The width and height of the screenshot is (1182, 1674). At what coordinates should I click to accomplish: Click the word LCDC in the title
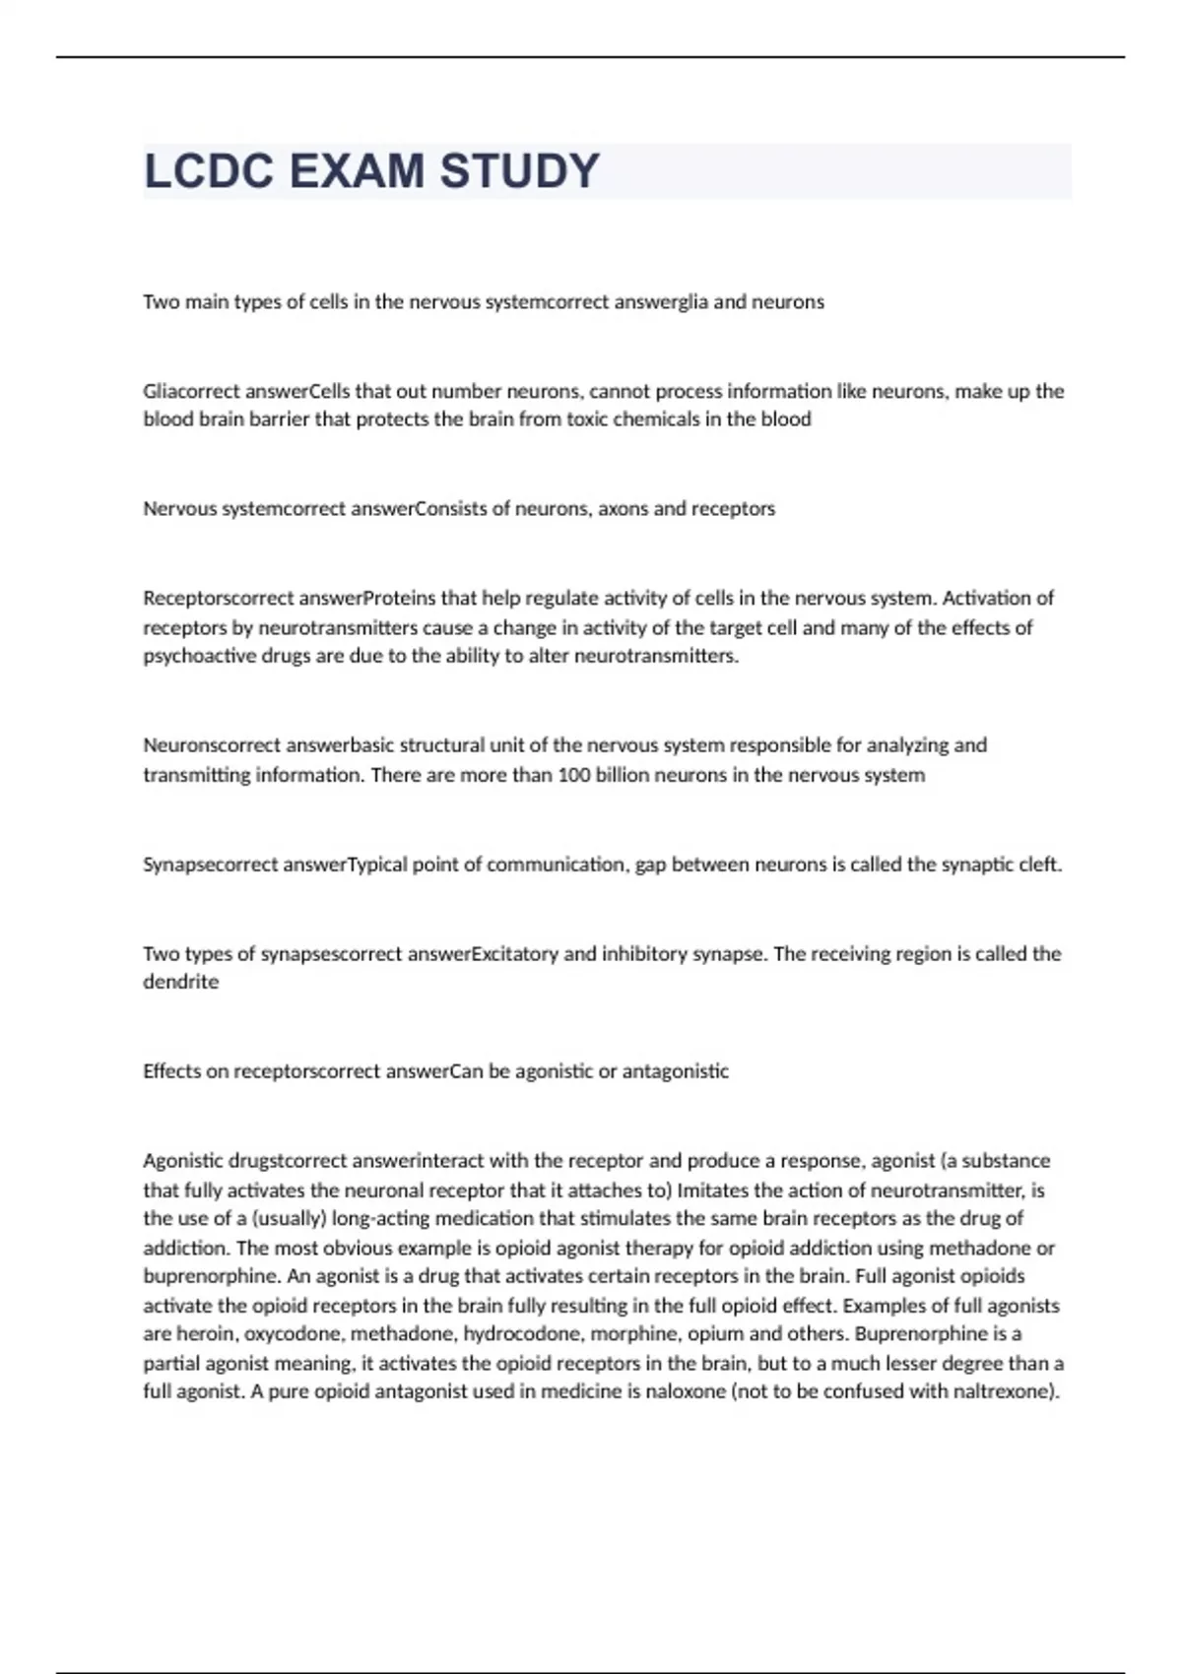[x=209, y=171]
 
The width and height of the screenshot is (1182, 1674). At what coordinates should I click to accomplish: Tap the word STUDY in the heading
[x=519, y=171]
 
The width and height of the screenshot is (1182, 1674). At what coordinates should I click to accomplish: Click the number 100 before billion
[x=573, y=775]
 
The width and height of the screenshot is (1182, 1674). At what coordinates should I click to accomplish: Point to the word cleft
[x=1040, y=865]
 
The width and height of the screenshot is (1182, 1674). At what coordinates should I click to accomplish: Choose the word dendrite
[x=181, y=982]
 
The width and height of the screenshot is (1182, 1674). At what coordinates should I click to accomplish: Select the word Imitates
[x=710, y=1190]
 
